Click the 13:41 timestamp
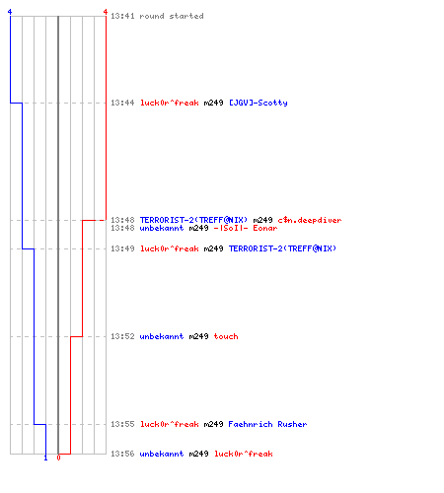pos(122,16)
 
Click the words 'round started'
pos(172,16)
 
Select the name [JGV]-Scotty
pos(259,103)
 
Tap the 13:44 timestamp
pos(122,103)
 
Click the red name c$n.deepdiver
pos(310,220)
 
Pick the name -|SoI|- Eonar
pos(246,228)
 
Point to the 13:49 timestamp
pos(122,248)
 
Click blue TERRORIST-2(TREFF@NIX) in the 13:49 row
pos(282,248)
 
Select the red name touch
pos(226,336)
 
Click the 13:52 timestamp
pos(122,336)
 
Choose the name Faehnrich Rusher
pos(267,424)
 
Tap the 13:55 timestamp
pos(122,424)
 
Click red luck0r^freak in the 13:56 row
pos(244,454)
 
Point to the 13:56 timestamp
pos(122,454)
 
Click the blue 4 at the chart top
pos(10,12)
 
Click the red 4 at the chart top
pos(106,12)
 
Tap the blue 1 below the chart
pos(45,458)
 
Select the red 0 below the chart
pos(58,458)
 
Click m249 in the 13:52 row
pos(198,336)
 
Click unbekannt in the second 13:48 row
pos(162,228)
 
